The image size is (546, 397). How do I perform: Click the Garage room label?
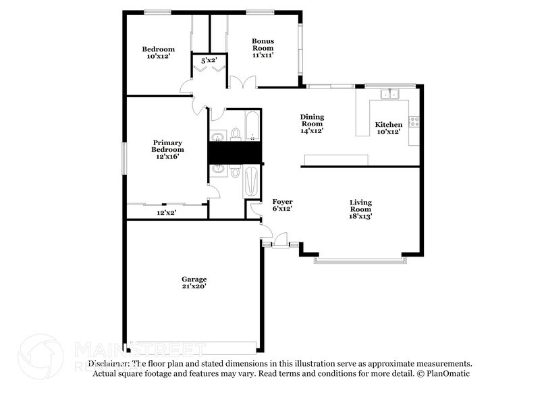point(194,279)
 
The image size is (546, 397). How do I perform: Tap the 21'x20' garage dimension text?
point(194,286)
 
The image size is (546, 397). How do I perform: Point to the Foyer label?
point(282,202)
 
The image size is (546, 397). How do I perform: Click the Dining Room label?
point(312,120)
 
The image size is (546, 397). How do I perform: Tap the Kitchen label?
point(388,125)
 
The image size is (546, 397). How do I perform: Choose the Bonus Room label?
point(263,45)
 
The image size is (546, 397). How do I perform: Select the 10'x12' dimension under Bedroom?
point(158,57)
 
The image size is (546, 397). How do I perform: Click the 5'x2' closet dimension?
point(208,60)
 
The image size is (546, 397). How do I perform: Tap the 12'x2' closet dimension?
point(167,213)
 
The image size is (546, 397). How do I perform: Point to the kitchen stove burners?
point(415,122)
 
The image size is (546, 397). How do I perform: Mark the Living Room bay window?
point(360,259)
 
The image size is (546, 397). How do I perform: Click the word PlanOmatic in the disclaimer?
point(448,373)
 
